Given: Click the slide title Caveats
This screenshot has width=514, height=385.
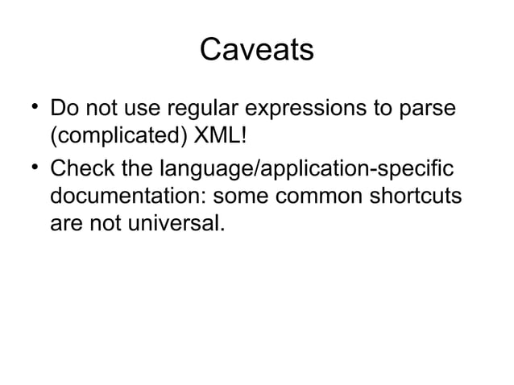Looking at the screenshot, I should (256, 50).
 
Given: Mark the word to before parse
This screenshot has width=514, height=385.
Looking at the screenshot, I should (386, 107).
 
